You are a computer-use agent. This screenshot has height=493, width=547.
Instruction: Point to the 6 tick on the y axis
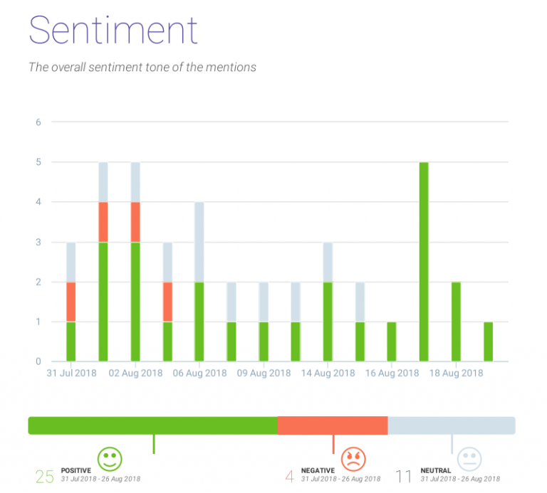tap(38, 122)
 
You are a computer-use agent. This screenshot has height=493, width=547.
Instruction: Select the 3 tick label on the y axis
tap(38, 242)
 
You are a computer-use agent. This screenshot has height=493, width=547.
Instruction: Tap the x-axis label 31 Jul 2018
tap(71, 373)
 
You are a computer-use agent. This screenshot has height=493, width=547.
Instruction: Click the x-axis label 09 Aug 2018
tap(264, 373)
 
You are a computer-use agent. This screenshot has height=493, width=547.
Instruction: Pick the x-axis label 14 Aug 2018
tap(328, 373)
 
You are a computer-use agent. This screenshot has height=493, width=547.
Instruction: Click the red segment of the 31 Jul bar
tap(71, 302)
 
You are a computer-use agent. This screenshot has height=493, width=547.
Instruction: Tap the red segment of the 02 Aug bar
tap(135, 222)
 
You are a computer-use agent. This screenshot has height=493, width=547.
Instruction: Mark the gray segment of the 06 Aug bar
tap(199, 242)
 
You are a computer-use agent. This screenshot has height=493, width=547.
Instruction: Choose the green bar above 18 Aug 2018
tap(456, 322)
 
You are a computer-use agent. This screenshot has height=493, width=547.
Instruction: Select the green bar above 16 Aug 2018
tap(392, 341)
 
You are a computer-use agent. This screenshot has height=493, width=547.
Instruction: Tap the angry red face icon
tap(352, 458)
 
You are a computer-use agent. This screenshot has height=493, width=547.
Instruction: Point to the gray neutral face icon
tap(469, 458)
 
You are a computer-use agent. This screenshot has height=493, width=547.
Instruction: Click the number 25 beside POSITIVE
tap(45, 476)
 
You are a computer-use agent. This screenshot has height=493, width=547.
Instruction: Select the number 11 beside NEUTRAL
tap(404, 476)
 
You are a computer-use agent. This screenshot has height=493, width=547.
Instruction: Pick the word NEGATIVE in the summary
tap(318, 470)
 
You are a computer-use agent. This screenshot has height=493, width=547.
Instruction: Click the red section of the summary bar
tap(332, 425)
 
